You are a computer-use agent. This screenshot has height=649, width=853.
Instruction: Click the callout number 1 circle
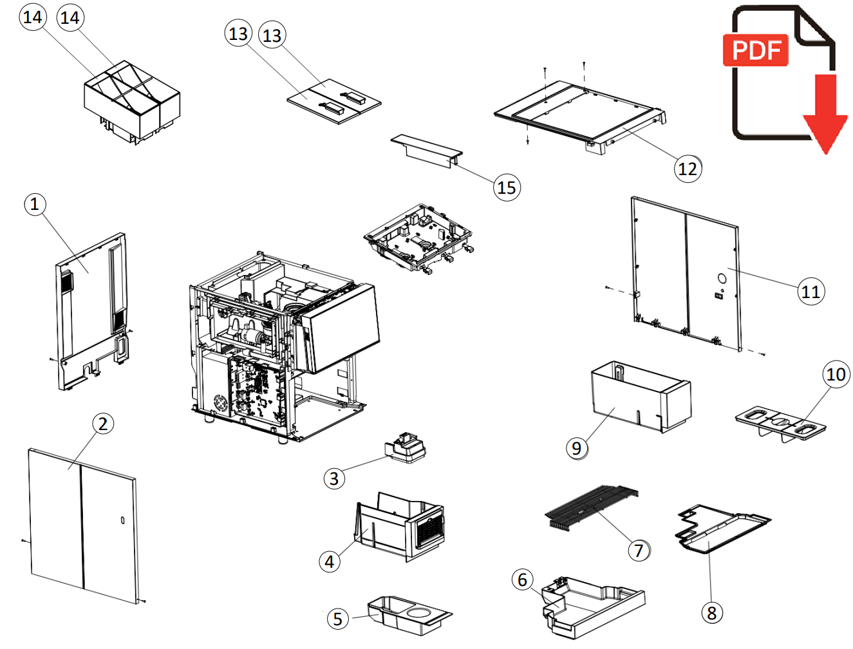tap(35, 205)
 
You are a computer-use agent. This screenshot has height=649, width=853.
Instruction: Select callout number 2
tap(103, 424)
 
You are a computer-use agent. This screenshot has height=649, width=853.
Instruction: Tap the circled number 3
tap(333, 478)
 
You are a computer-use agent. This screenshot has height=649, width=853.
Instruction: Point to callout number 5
tap(338, 619)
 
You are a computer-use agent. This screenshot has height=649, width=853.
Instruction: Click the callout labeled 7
tap(639, 550)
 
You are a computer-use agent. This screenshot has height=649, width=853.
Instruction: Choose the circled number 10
tap(836, 374)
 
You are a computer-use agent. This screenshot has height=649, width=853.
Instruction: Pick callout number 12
tap(688, 169)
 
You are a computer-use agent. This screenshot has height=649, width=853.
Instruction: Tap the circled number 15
tap(507, 188)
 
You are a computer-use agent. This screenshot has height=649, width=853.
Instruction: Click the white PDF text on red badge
tap(756, 50)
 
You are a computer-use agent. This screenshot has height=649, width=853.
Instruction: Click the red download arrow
tap(825, 116)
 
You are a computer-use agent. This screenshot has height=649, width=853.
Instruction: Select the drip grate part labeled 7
tap(591, 505)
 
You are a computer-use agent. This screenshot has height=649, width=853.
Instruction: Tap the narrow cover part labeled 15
tap(426, 151)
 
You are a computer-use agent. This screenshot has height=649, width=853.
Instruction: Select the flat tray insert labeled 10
tap(780, 424)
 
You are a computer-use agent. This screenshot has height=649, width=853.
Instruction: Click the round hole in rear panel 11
tap(722, 279)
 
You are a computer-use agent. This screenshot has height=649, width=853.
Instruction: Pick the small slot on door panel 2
tap(123, 520)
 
